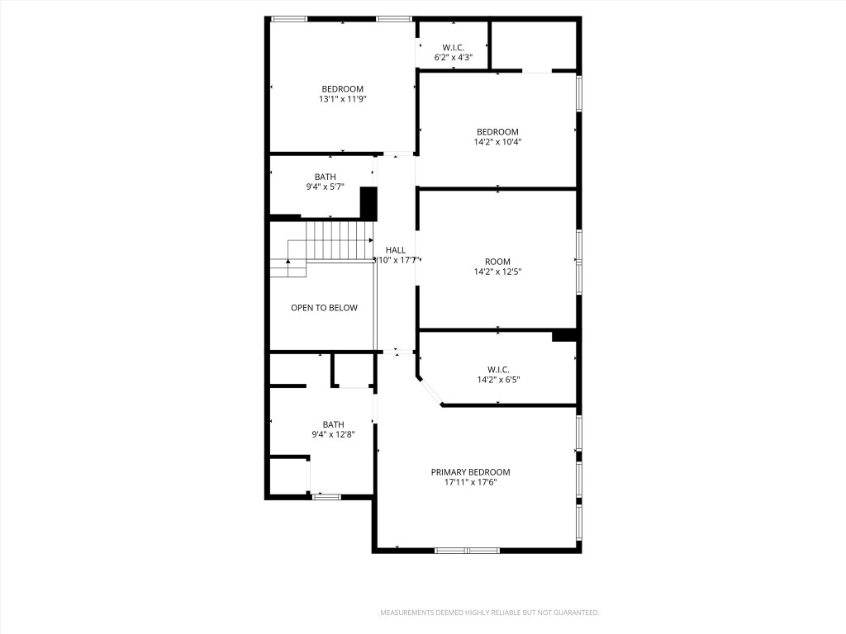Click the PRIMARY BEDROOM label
point(470,472)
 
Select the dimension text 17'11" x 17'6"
point(470,482)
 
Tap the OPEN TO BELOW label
point(324,308)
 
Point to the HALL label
point(395,250)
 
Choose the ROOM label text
point(497,262)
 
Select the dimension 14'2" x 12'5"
point(497,272)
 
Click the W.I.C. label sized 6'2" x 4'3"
point(454,46)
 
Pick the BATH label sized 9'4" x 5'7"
point(326,177)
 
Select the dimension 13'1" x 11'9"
point(342,99)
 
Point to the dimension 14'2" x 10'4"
point(497,142)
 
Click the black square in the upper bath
point(368,203)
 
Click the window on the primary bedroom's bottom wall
point(467,550)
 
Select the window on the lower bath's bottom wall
point(326,497)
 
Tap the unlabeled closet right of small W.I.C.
point(534,45)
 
